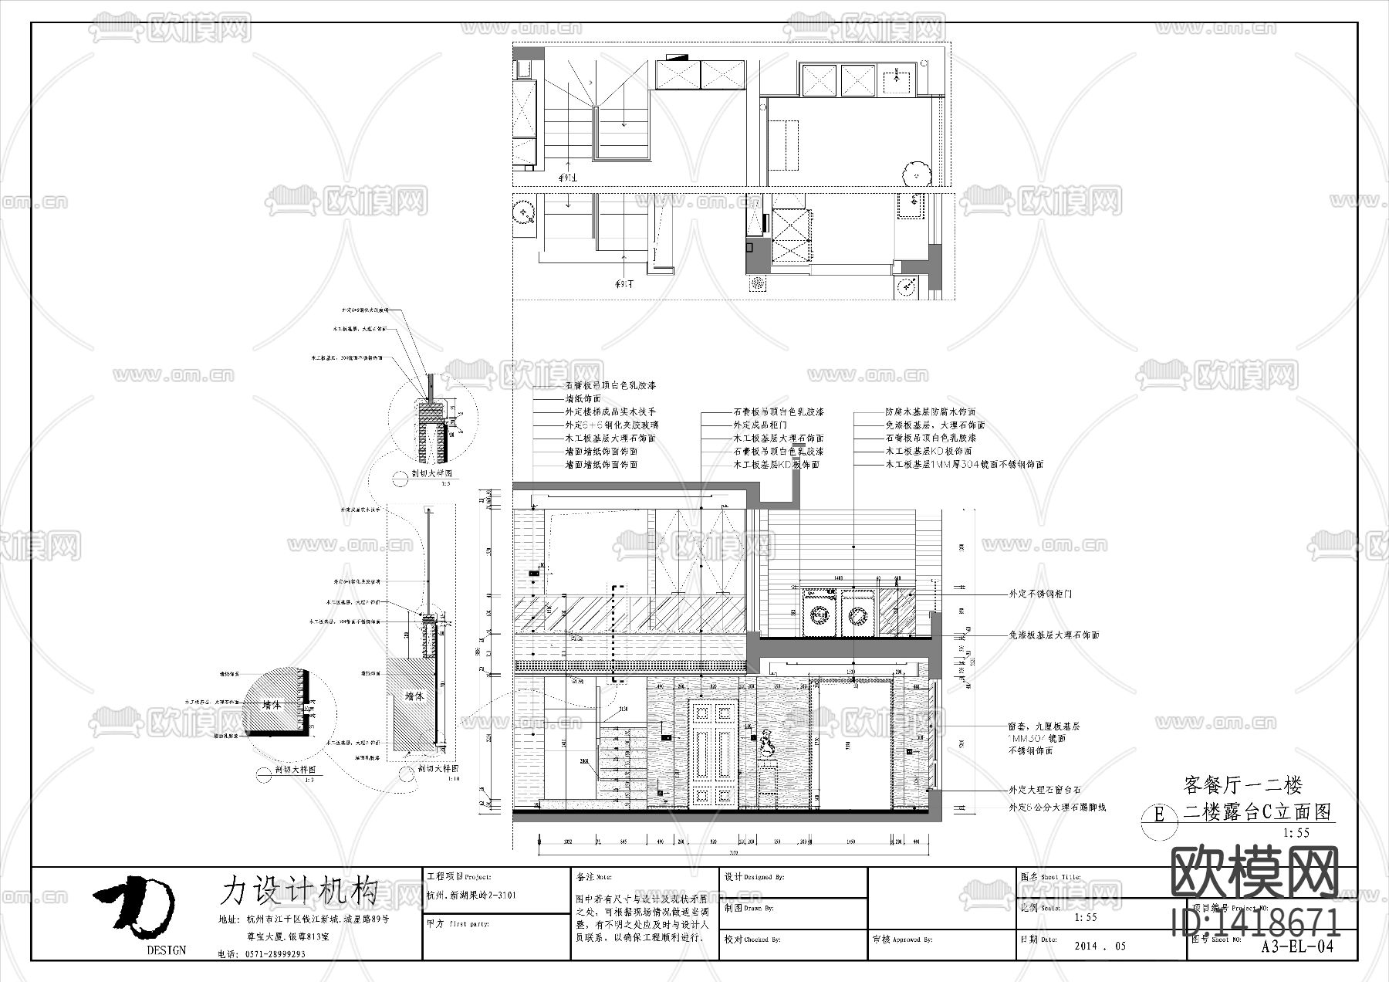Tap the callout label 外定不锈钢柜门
click(x=1039, y=594)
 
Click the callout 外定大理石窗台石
click(x=1044, y=791)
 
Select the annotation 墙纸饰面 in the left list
click(x=583, y=399)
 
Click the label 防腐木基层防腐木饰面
click(x=930, y=412)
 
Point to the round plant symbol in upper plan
click(x=917, y=171)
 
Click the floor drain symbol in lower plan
click(x=759, y=284)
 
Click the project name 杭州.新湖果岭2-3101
click(x=471, y=896)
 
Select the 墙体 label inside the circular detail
click(x=272, y=706)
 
